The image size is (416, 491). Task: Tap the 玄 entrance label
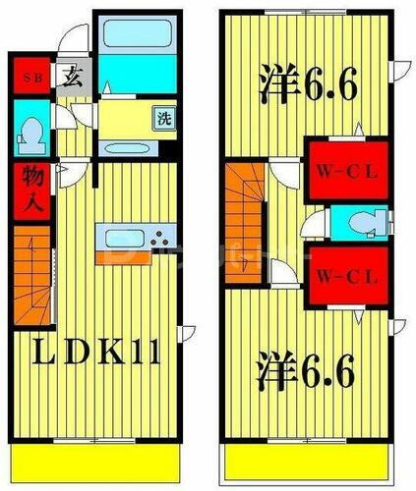click(73, 78)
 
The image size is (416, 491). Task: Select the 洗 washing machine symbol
click(163, 119)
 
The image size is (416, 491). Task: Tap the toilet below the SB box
click(30, 133)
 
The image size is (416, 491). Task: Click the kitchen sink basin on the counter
click(124, 238)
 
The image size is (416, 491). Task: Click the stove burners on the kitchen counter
click(159, 238)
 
